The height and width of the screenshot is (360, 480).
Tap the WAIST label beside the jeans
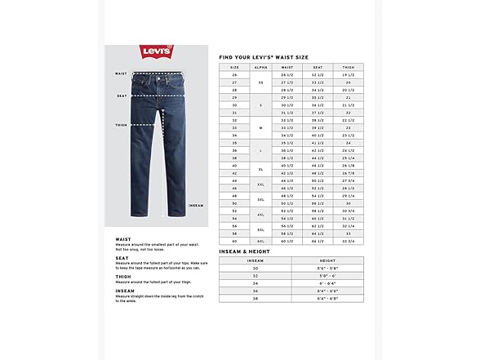click(x=121, y=73)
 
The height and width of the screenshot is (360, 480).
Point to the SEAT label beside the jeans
click(x=122, y=95)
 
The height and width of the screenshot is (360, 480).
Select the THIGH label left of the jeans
click(x=121, y=125)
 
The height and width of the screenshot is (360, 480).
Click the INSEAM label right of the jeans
click(x=196, y=205)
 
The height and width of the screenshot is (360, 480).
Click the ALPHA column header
click(x=262, y=68)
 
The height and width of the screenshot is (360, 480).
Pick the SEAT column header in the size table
click(x=317, y=68)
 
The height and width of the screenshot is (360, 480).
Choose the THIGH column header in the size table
click(x=349, y=68)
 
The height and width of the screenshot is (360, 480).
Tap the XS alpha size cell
click(x=262, y=82)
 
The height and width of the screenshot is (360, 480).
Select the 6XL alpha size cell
click(x=262, y=242)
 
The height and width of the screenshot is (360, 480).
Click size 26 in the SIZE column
click(x=235, y=75)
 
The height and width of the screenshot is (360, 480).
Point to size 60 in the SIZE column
click(x=235, y=242)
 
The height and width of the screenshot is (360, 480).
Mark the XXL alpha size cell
click(x=262, y=184)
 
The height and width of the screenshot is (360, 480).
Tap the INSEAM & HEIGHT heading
click(x=247, y=252)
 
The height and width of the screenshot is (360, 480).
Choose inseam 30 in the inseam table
click(x=254, y=269)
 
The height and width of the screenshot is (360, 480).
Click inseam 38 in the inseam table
click(x=254, y=299)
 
